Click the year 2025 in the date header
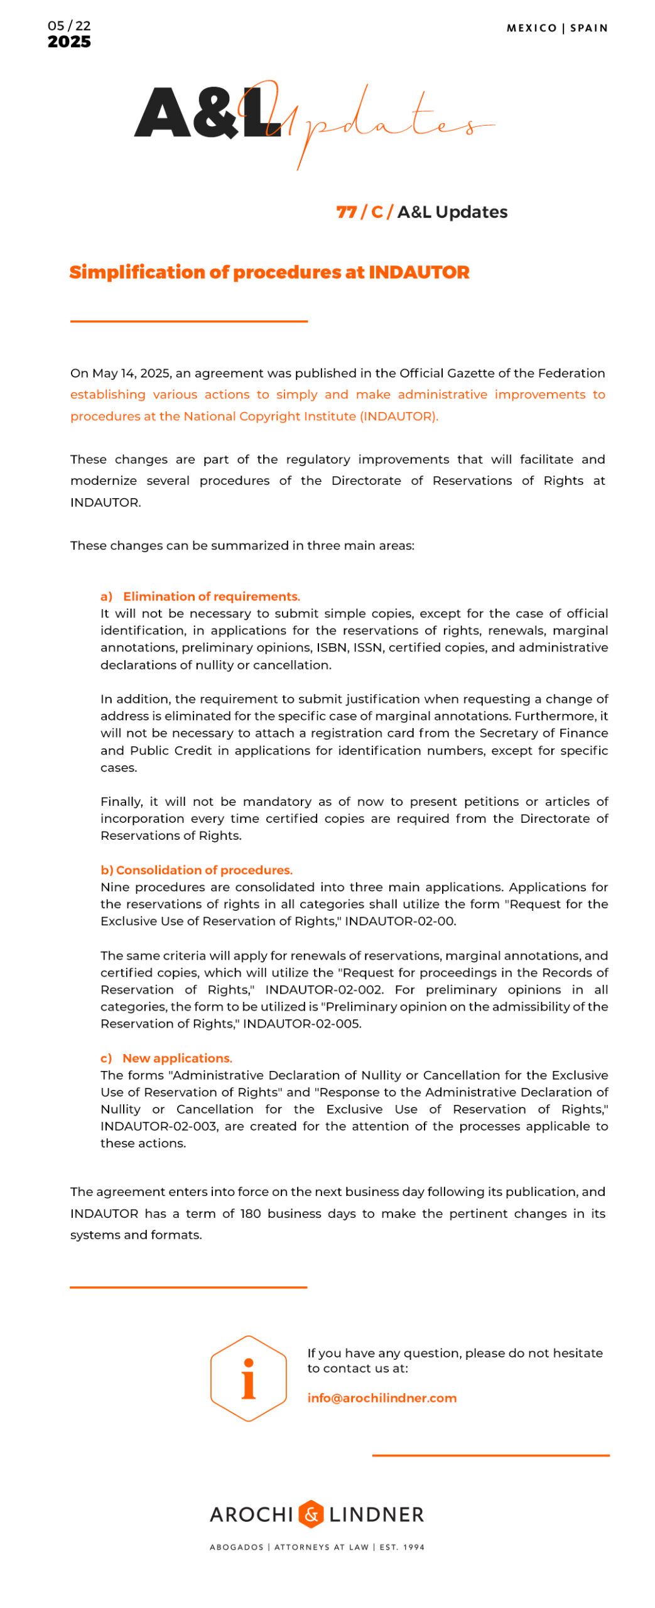[x=68, y=41]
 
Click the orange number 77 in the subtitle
[x=346, y=212]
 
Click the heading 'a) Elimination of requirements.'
[x=200, y=596]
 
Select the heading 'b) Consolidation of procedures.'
[x=196, y=870]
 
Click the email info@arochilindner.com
[x=381, y=1398]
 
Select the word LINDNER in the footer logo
[x=376, y=1514]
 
